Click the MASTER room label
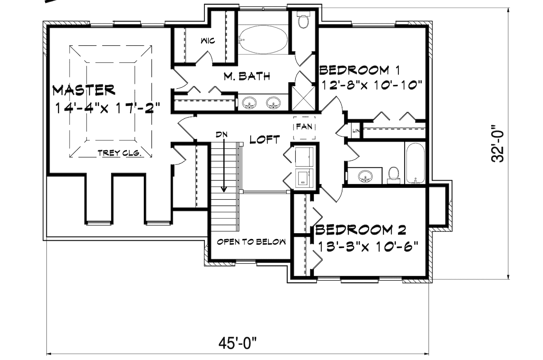pyautogui.click(x=84, y=90)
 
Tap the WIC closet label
pyautogui.click(x=207, y=41)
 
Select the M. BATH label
pyautogui.click(x=247, y=77)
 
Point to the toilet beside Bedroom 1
pyautogui.click(x=303, y=21)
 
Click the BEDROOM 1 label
pyautogui.click(x=360, y=69)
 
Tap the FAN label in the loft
pyautogui.click(x=304, y=126)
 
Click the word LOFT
pyautogui.click(x=264, y=139)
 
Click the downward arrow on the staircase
pyautogui.click(x=224, y=170)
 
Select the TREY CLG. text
pyautogui.click(x=119, y=153)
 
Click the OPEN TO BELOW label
pyautogui.click(x=251, y=242)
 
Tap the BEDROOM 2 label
pyautogui.click(x=361, y=230)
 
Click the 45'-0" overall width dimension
pyautogui.click(x=239, y=342)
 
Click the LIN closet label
pyautogui.click(x=355, y=131)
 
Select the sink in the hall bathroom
pyautogui.click(x=364, y=176)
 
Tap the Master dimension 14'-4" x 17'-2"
pyautogui.click(x=107, y=107)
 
